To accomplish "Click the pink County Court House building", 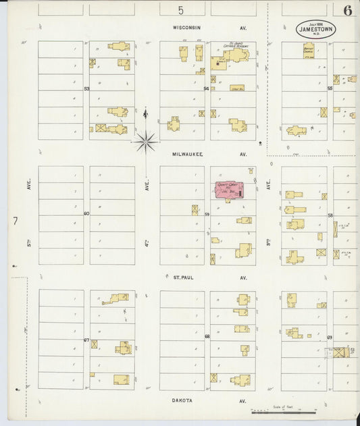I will coord(229,189).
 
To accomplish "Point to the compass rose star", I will coord(145,142).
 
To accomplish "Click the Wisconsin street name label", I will coord(186,28).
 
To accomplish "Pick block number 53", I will coord(86,88).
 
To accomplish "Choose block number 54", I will coord(207,88).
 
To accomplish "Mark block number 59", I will coord(207,215).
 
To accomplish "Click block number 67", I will coord(86,340).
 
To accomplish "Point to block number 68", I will coord(207,336).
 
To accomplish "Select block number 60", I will coord(86,214).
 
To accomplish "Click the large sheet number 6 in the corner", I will coord(346,10).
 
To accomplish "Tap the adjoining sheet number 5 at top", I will coord(180,9).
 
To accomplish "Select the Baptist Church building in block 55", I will coord(308,50).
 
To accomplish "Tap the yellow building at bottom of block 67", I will coord(121,379).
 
